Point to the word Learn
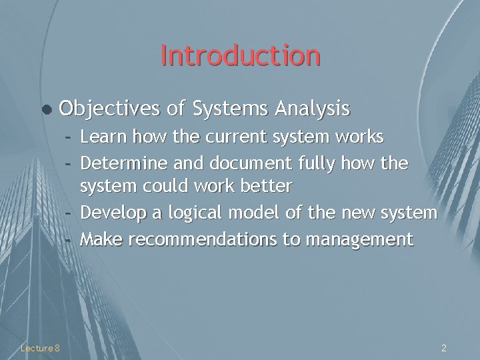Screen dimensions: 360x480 (103, 137)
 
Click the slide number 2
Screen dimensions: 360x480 (444, 347)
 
